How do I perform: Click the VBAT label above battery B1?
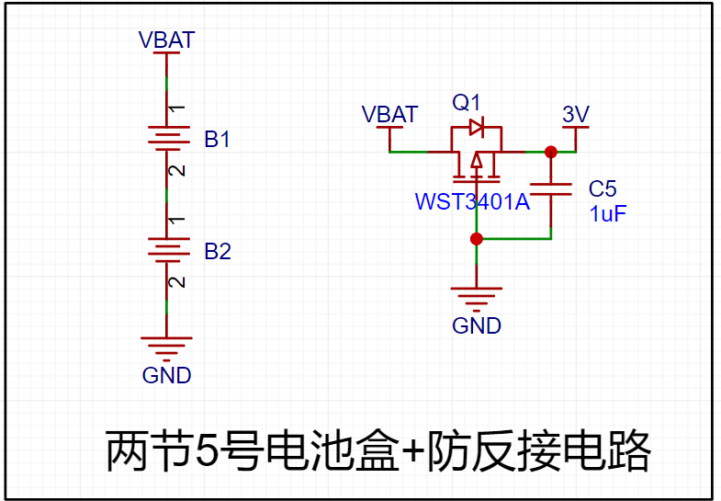[x=166, y=40]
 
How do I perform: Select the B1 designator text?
[x=218, y=141]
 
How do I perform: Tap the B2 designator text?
[x=218, y=252]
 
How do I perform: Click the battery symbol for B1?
[x=166, y=138]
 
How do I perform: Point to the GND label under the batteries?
[x=166, y=375]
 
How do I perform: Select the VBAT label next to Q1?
[x=389, y=115]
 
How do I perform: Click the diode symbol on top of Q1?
[x=476, y=127]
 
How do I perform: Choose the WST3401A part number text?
[x=472, y=201]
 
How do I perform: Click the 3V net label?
[x=575, y=115]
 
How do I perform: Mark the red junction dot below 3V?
[x=550, y=152]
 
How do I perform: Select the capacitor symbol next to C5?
[x=550, y=190]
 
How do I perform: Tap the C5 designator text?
[x=603, y=189]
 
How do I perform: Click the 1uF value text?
[x=607, y=213]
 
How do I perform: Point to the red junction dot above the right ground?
[x=476, y=239]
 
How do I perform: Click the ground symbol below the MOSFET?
[x=476, y=296]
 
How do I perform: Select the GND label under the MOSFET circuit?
[x=477, y=325]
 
